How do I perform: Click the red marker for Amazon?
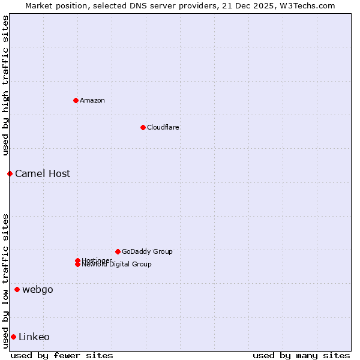click(x=76, y=100)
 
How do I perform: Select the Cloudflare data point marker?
click(x=143, y=127)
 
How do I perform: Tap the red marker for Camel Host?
click(x=10, y=173)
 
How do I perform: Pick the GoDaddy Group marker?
click(x=118, y=251)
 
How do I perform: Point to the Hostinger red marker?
click(x=77, y=260)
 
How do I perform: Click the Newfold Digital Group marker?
click(x=77, y=265)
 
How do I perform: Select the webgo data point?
click(x=17, y=290)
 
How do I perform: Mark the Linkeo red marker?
click(x=13, y=337)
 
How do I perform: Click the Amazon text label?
click(x=92, y=100)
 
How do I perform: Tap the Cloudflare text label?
click(x=163, y=127)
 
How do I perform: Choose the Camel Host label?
click(x=43, y=173)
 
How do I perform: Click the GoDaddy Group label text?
click(x=147, y=251)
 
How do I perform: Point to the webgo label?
click(x=38, y=290)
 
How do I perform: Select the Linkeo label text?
click(x=34, y=337)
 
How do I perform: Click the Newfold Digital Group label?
click(x=117, y=265)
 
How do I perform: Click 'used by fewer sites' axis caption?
click(x=62, y=355)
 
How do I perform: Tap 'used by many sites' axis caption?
click(x=301, y=355)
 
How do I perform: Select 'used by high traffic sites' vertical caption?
click(x=5, y=85)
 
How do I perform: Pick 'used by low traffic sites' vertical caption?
click(x=5, y=280)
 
